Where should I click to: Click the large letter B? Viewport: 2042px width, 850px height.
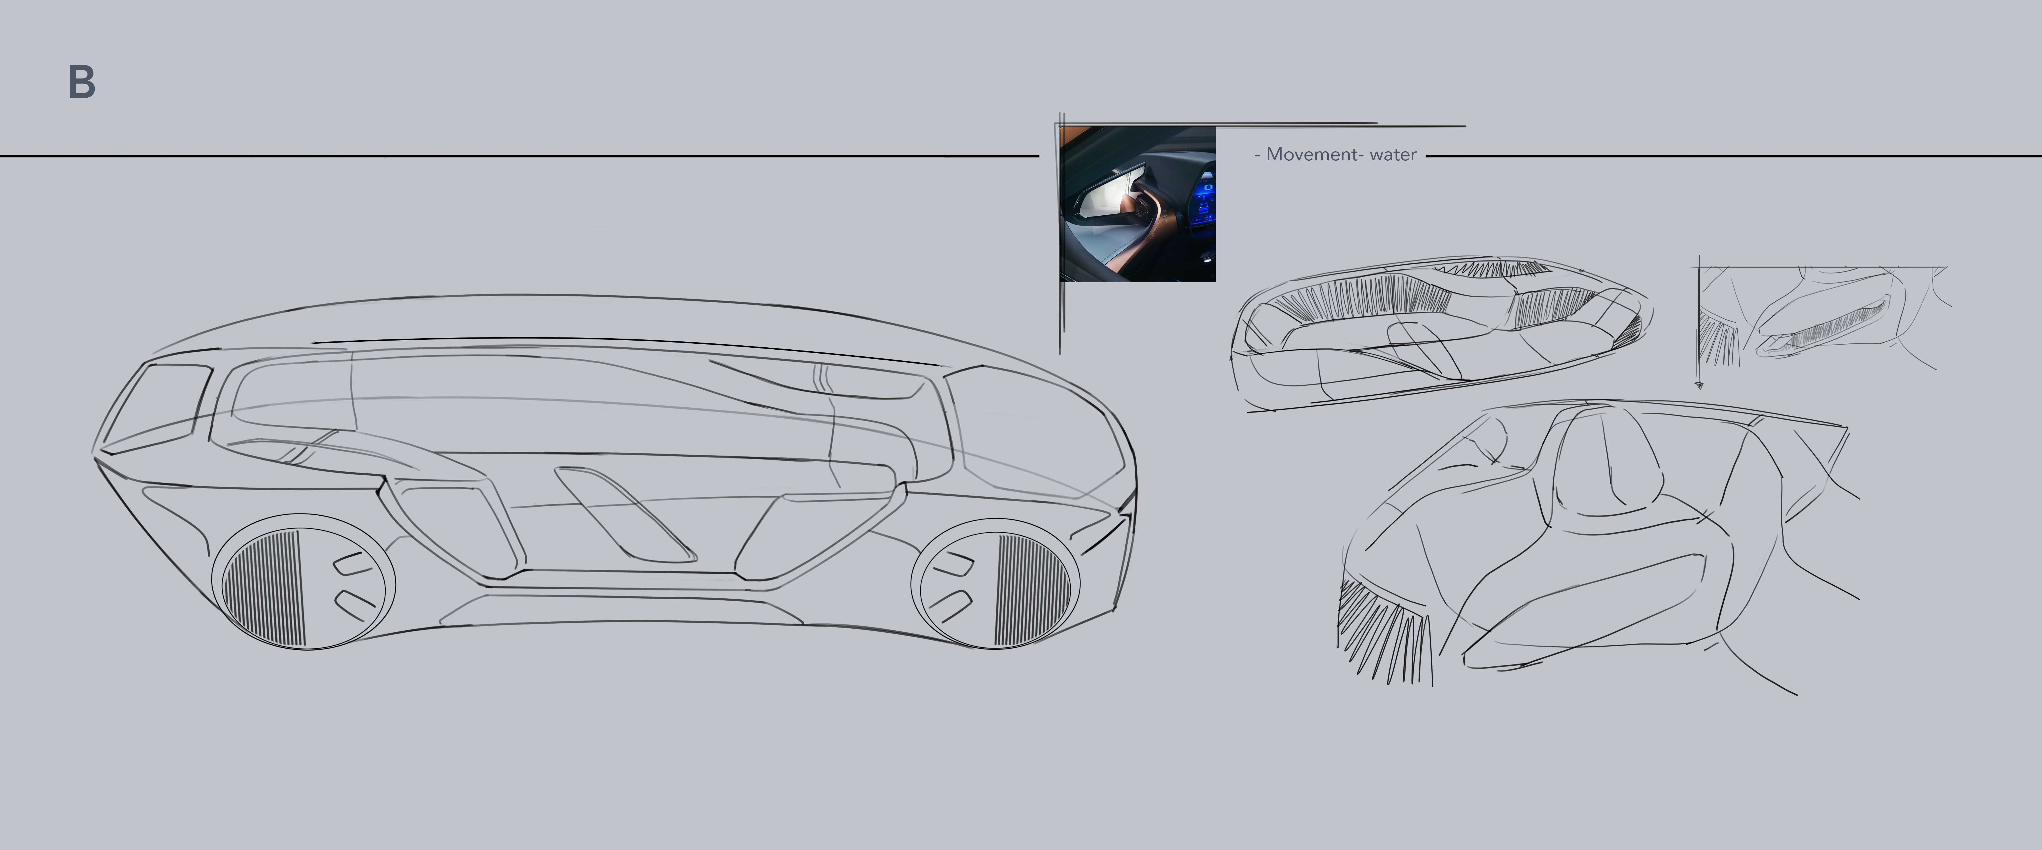82,82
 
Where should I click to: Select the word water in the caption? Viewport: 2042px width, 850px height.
1393,154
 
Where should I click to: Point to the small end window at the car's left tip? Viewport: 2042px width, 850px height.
159,408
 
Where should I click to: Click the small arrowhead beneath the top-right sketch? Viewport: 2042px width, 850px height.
1699,386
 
